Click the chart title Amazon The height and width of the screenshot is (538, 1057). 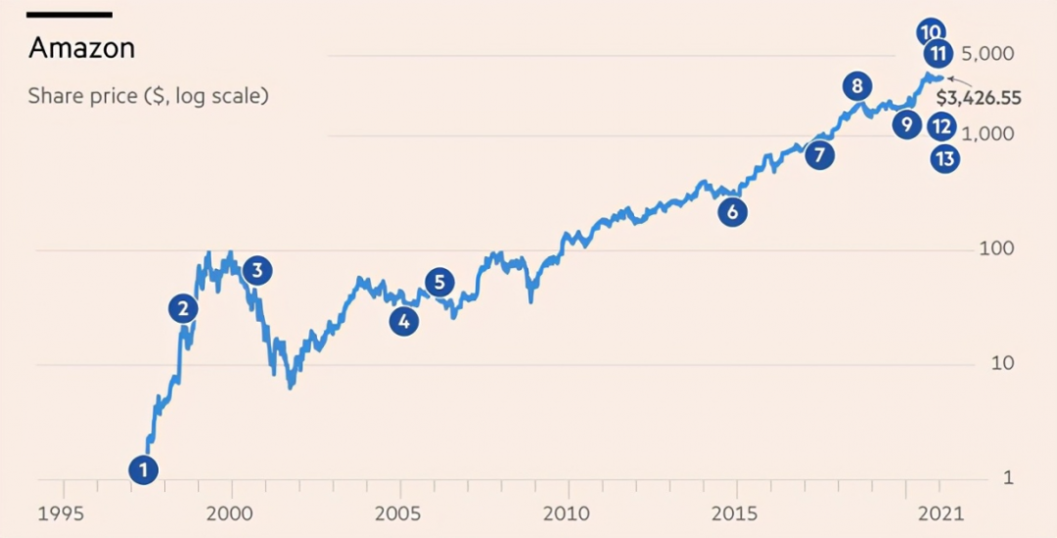coord(81,48)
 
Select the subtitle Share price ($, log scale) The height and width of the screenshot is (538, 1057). coord(148,96)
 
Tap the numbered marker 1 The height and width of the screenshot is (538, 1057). coord(143,471)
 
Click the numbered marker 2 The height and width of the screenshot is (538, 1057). coord(183,309)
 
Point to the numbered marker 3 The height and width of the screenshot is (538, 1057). coord(256,271)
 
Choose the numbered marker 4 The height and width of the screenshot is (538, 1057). coord(403,320)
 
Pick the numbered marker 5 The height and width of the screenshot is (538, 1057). coord(439,283)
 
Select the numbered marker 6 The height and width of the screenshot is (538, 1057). coord(731,211)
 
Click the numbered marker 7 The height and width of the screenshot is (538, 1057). coord(819,155)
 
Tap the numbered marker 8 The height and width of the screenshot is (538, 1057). coord(856,86)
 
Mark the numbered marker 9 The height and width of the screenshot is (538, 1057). coord(906,124)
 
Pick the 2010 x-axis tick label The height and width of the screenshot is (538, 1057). coord(567,514)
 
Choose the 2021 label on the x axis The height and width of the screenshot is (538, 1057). coord(941,514)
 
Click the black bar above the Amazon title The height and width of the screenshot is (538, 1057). coord(69,15)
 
